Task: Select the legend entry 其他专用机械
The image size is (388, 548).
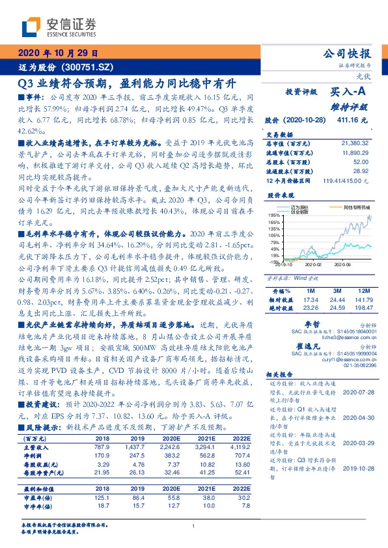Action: [353, 206]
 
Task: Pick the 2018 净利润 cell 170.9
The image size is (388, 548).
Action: [108, 456]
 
